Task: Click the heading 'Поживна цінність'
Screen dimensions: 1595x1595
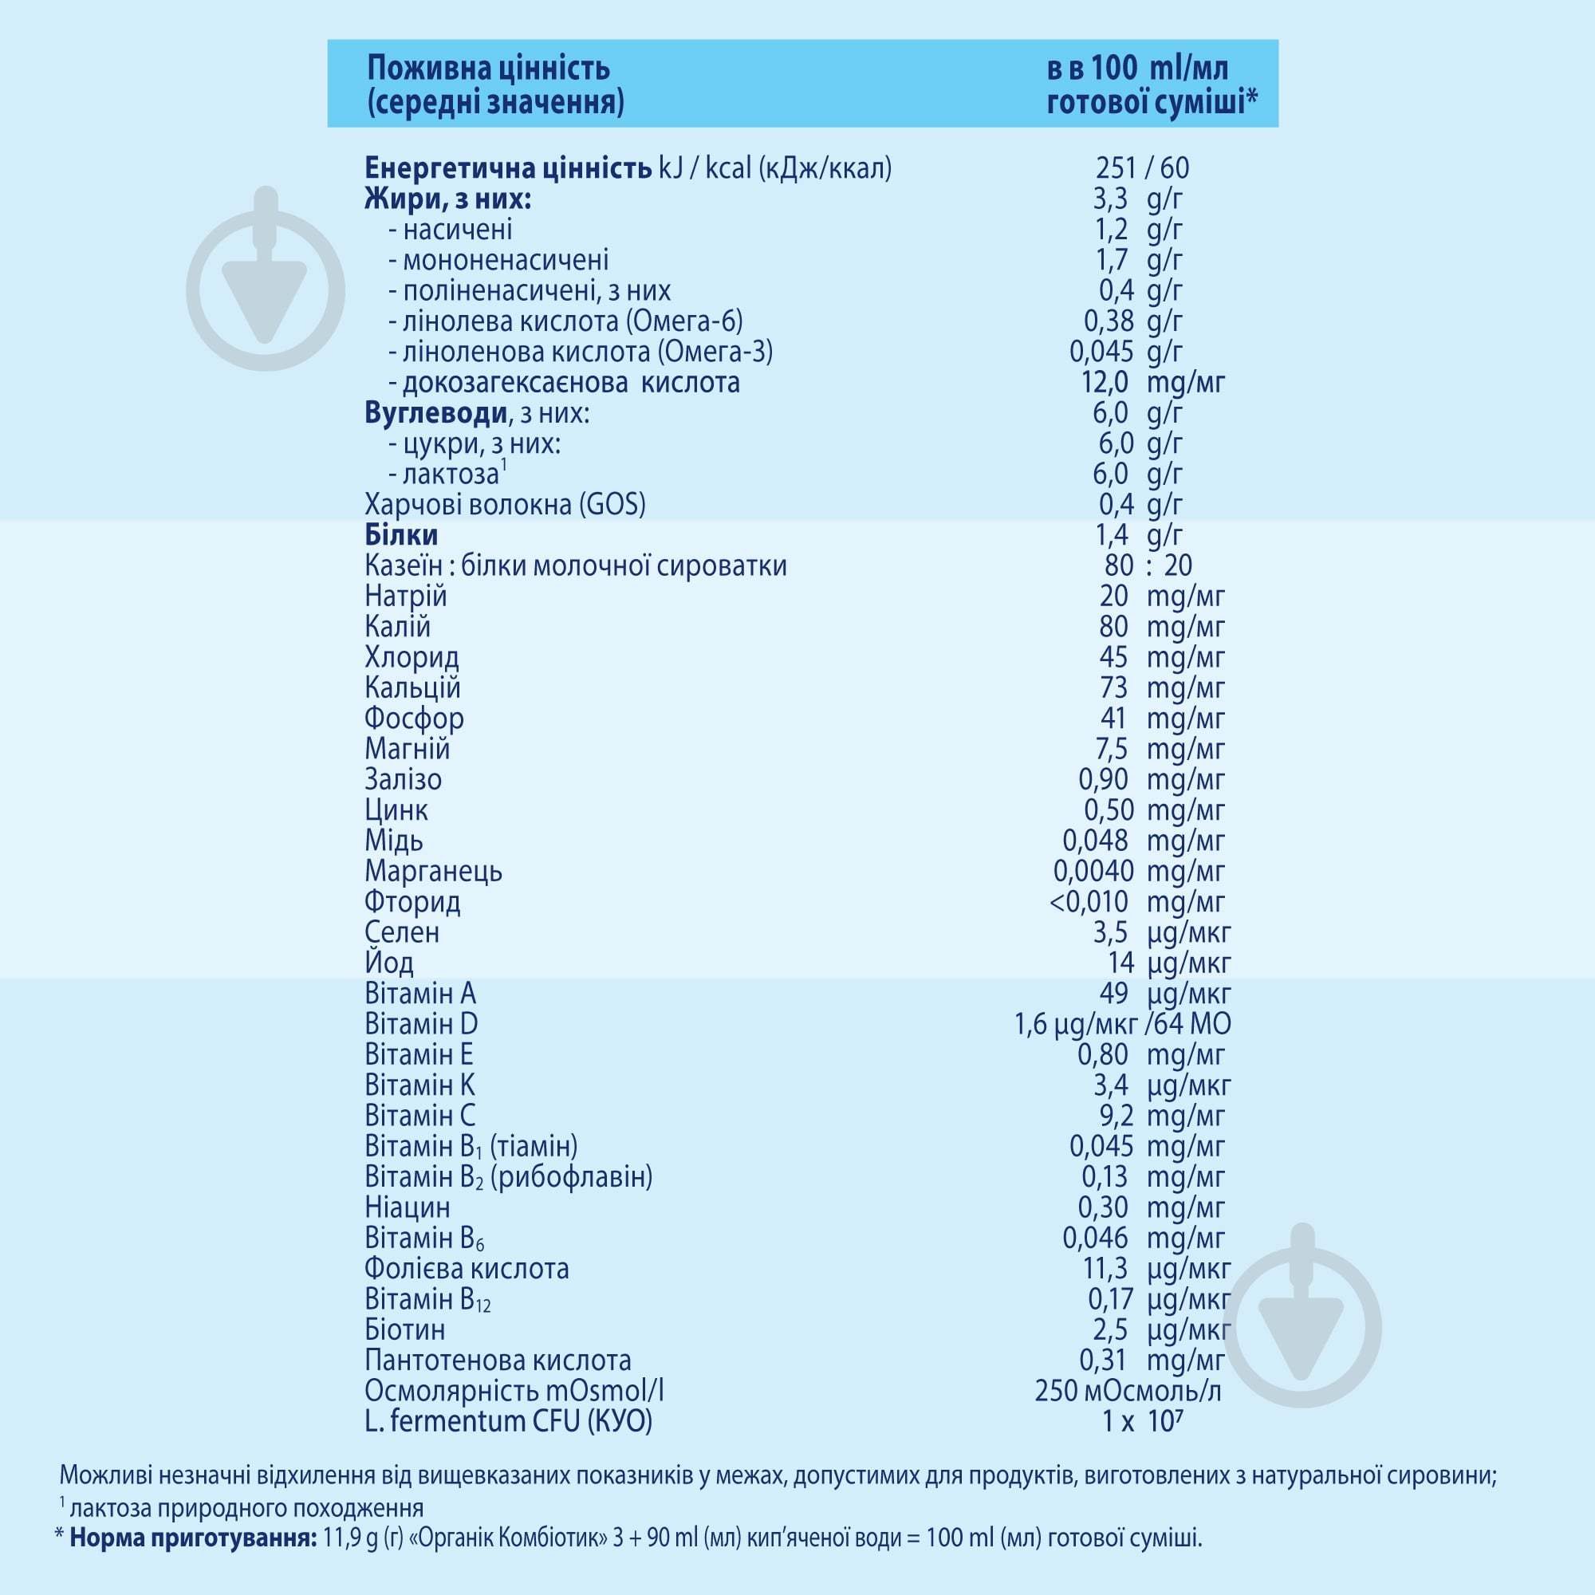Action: (489, 68)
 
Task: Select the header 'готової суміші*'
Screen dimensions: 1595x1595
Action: (1152, 102)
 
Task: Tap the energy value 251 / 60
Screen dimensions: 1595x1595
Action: (1143, 168)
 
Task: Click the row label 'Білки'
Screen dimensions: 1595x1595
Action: (401, 535)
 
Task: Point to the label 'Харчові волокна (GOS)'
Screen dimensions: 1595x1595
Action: (506, 505)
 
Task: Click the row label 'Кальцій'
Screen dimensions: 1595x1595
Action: (413, 687)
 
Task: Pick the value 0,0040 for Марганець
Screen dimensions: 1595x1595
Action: (1093, 871)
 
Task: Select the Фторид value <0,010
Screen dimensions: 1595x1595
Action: (1089, 901)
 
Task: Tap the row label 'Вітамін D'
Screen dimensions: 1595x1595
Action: (421, 1024)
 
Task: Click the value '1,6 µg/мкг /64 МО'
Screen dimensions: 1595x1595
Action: (1123, 1025)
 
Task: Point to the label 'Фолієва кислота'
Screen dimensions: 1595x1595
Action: (467, 1268)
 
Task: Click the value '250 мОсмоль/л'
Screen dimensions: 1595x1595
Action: (1128, 1390)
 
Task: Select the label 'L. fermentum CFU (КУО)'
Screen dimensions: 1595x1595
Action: (509, 1422)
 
